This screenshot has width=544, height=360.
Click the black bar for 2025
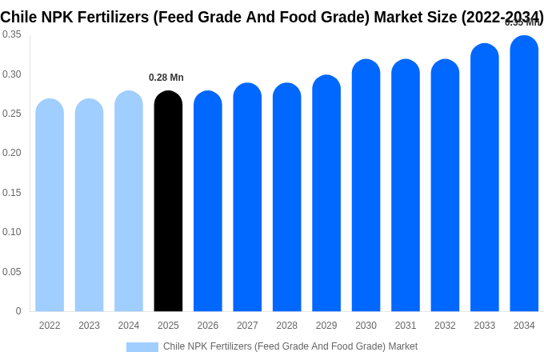coord(168,202)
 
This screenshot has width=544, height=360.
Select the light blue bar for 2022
coord(50,206)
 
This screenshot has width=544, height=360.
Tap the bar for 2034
coord(524,174)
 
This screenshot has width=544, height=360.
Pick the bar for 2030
coord(366,186)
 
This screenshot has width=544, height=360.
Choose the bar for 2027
coord(247,198)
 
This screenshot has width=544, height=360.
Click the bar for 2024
coord(129,202)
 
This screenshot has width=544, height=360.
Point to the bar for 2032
coord(445,186)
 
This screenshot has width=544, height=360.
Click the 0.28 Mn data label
coord(166,78)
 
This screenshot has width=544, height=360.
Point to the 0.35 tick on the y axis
coord(12,34)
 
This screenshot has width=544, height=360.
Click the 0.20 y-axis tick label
coord(12,153)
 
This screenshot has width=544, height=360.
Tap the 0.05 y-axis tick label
coord(12,272)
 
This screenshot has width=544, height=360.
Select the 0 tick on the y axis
coord(18,311)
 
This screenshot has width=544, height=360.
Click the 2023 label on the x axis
coord(89,326)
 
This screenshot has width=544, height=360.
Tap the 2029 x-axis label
coord(326,326)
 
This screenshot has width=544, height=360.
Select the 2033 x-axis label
coord(484,326)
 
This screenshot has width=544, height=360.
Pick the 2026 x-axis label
coord(208,326)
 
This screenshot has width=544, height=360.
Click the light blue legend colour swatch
coord(142,347)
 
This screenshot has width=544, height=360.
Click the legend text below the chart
coord(290,346)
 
